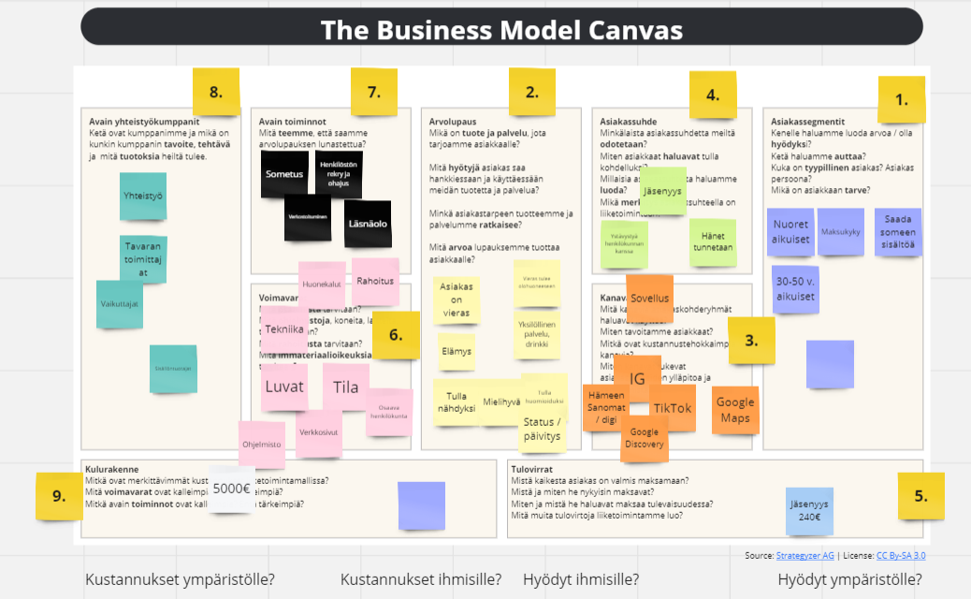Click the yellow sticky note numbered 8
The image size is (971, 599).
tap(216, 92)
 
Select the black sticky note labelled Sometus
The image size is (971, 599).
tap(284, 174)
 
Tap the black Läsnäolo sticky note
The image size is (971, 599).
tap(368, 223)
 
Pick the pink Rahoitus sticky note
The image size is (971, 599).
tap(375, 281)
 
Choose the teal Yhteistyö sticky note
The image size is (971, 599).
tap(142, 197)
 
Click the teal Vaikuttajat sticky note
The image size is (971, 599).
tap(120, 304)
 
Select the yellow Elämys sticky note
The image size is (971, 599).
tap(457, 352)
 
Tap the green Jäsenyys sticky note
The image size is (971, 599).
tap(663, 191)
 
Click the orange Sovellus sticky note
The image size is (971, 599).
tap(649, 299)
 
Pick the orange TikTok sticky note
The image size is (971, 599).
tap(673, 408)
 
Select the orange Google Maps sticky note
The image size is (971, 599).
tap(735, 410)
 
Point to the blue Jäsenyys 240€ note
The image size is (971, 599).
tap(809, 511)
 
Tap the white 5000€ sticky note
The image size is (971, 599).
tap(231, 488)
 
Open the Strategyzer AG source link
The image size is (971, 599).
tap(801, 556)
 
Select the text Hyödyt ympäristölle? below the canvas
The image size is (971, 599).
tap(849, 579)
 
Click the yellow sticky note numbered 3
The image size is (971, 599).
tap(751, 341)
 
